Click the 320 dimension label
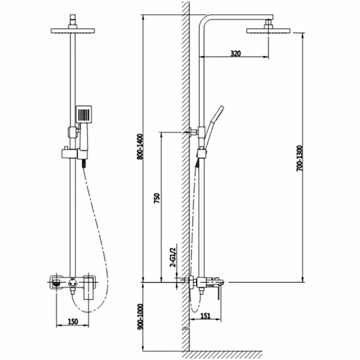(235, 53)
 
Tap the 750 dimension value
(157, 198)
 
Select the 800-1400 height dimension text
(140, 147)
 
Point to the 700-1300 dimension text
(299, 158)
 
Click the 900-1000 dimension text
(140, 317)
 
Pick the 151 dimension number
(205, 316)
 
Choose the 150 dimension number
(73, 321)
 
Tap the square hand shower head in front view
(84, 114)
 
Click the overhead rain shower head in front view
(73, 31)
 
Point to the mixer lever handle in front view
(88, 288)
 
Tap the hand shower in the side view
(213, 127)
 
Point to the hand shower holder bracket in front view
(69, 154)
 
